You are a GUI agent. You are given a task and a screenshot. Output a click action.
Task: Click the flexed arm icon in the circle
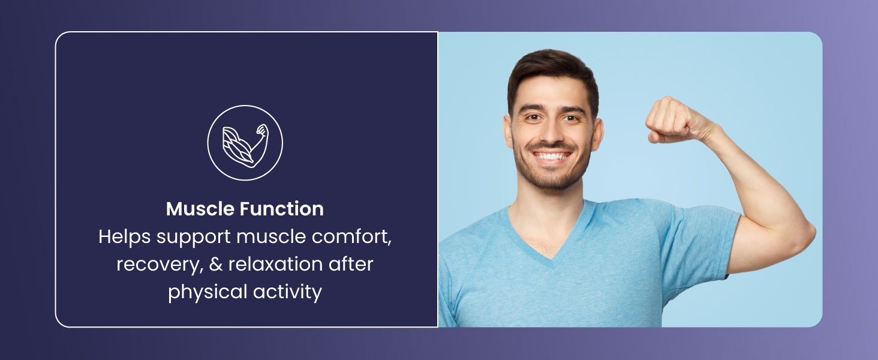245,146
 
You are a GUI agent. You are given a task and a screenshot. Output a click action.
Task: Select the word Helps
125,237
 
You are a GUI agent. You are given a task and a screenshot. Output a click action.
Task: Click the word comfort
351,237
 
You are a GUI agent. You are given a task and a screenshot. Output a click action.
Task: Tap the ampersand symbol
216,264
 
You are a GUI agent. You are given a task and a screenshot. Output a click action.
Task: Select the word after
351,264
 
